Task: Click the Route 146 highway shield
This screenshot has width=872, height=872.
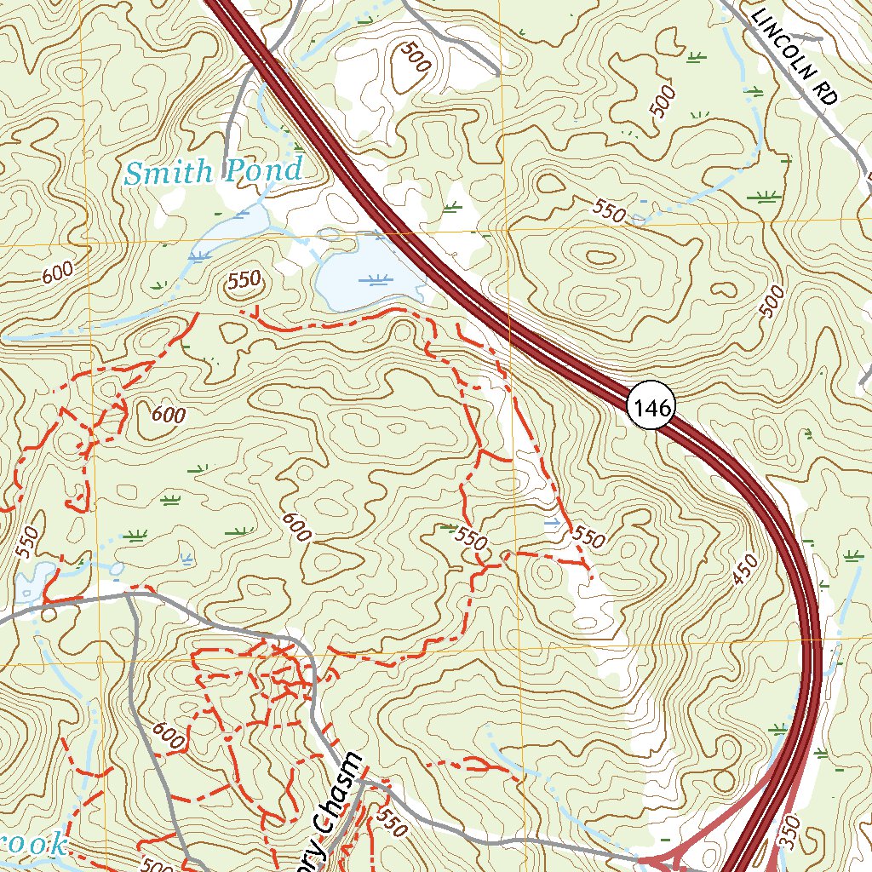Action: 652,407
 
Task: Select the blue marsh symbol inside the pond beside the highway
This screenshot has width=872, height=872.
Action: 376,279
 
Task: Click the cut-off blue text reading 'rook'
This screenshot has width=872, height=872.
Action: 34,844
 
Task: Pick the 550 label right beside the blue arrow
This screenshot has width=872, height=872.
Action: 589,536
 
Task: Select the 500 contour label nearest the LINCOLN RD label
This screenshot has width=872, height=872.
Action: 663,100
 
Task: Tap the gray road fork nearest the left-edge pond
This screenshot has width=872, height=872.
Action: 127,595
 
